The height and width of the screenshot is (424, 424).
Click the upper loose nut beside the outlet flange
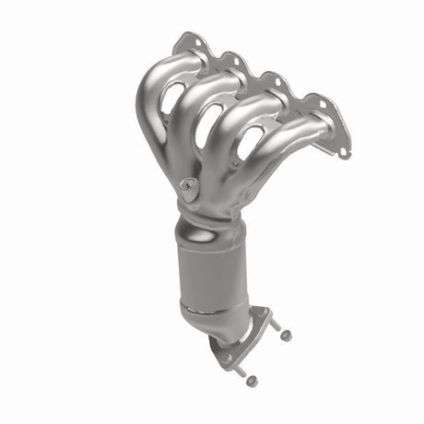[285, 335]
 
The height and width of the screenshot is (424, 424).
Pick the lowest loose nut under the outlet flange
[251, 381]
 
